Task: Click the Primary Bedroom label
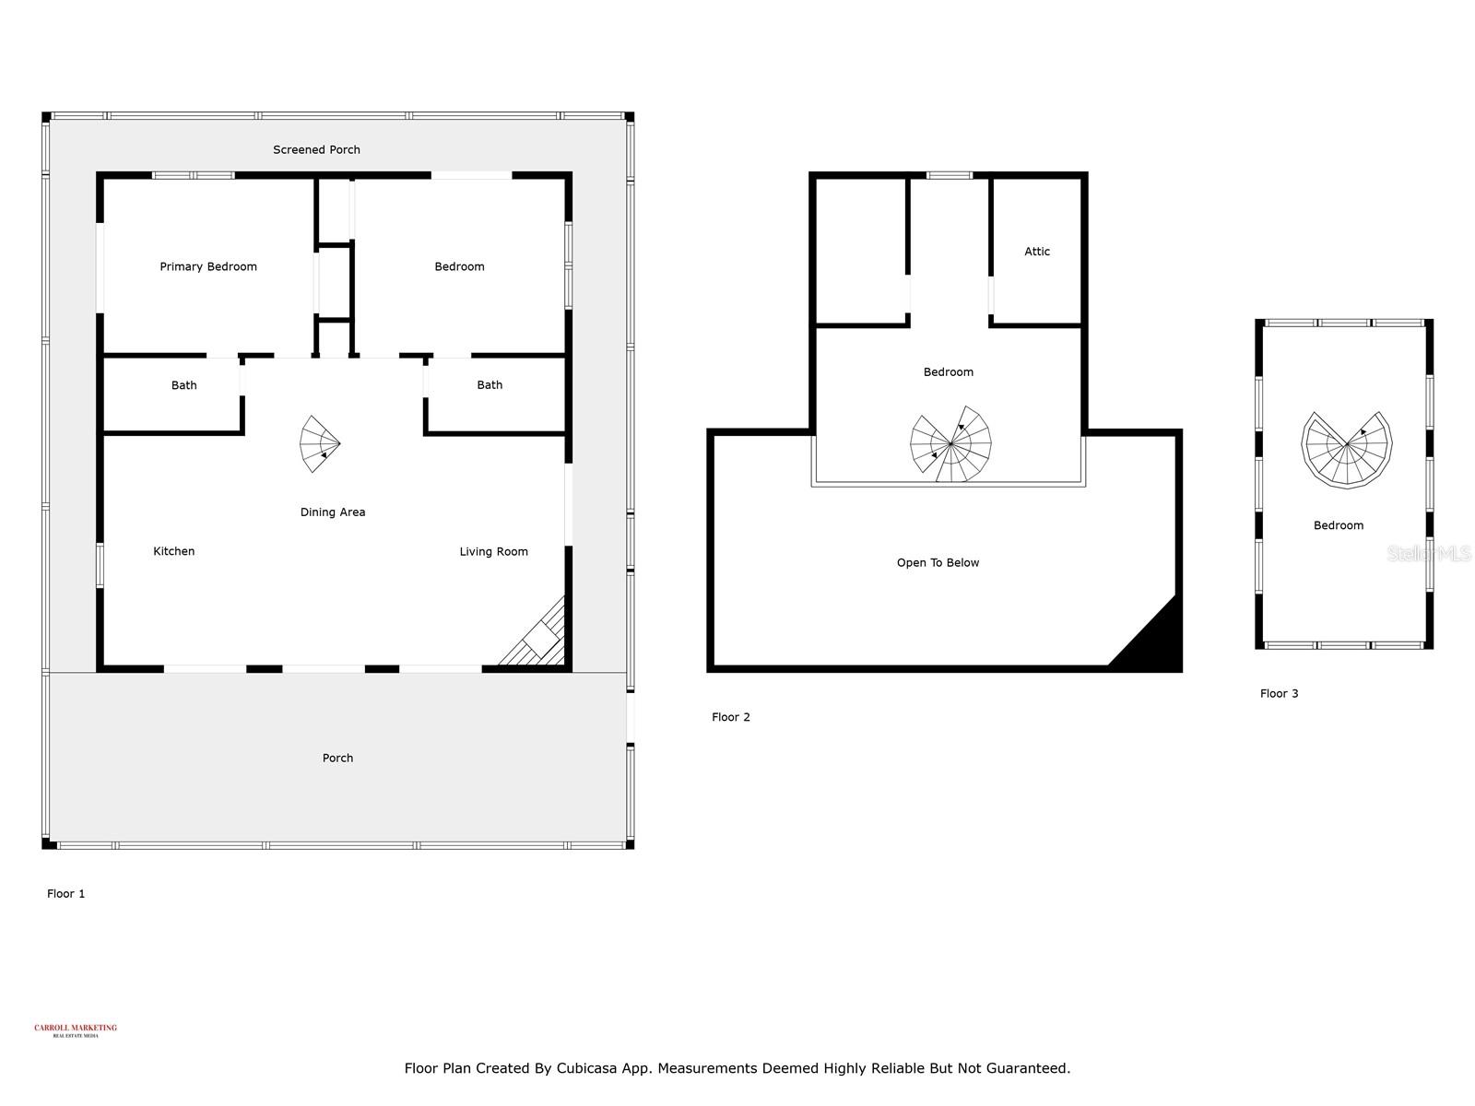[208, 267]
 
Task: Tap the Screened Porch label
[316, 149]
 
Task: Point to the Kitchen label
[173, 551]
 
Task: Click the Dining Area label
[333, 512]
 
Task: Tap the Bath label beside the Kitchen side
[183, 385]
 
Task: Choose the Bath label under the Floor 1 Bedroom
[490, 385]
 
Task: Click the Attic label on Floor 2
[1037, 252]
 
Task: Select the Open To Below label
[938, 563]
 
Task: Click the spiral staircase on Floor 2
[951, 445]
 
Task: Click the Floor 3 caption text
[1279, 694]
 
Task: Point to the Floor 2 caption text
[730, 717]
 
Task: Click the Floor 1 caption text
[65, 894]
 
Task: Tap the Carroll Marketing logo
[76, 1030]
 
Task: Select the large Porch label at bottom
[337, 759]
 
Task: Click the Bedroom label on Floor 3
[1338, 525]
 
